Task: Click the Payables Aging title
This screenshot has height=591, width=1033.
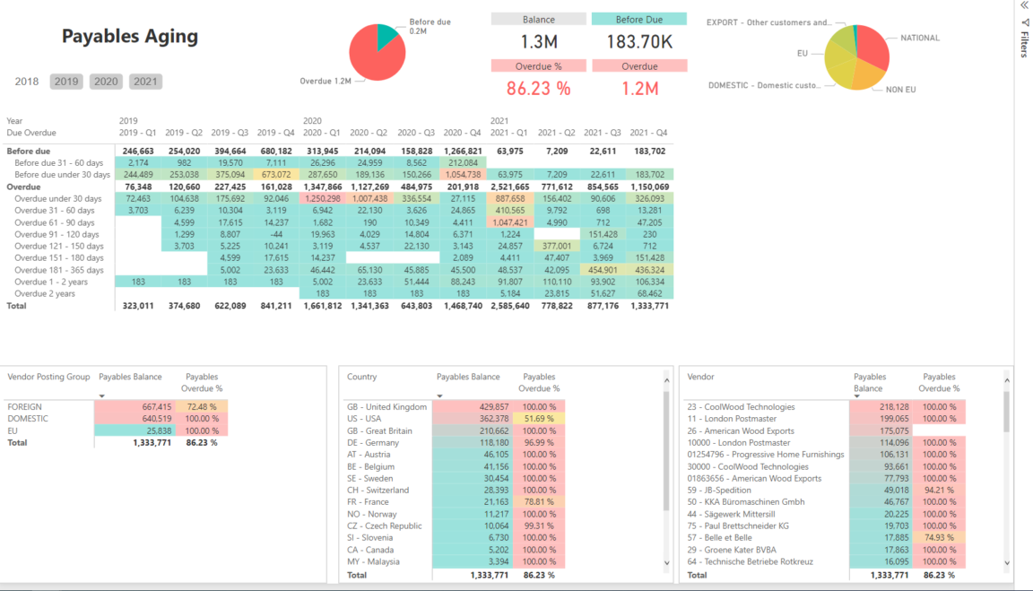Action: (x=130, y=37)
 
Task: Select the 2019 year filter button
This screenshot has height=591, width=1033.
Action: (x=66, y=82)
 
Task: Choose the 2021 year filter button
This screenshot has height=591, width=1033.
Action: (x=145, y=82)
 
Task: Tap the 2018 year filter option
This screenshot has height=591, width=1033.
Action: (x=27, y=82)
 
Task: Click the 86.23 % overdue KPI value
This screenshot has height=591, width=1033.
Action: (x=538, y=88)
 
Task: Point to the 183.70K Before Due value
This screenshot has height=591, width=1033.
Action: (x=638, y=41)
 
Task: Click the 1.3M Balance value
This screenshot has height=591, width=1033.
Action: (x=539, y=41)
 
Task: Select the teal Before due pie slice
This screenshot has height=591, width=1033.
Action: (x=387, y=36)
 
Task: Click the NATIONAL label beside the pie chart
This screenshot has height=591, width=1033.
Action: (x=919, y=38)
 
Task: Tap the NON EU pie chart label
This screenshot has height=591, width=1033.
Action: (x=900, y=90)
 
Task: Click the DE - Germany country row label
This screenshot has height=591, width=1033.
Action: (x=373, y=442)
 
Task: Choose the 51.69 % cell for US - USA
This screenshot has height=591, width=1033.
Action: (x=538, y=419)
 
